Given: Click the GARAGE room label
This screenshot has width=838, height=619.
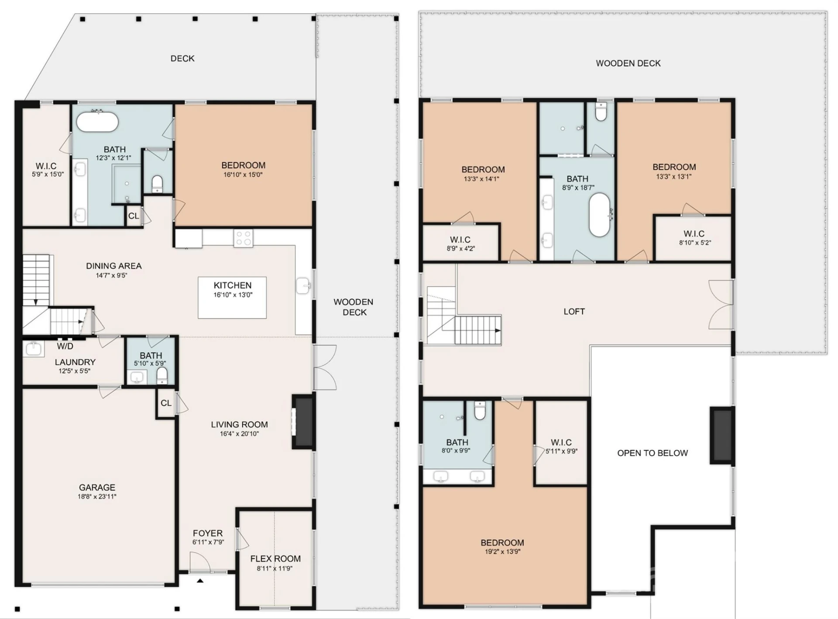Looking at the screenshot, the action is click(x=97, y=487).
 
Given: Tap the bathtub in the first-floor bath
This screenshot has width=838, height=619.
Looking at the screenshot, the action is click(x=97, y=122).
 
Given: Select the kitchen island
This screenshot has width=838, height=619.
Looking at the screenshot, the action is click(x=232, y=298).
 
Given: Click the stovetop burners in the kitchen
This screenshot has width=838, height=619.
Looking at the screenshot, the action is click(x=243, y=238).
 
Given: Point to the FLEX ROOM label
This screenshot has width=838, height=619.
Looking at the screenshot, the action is click(x=275, y=558).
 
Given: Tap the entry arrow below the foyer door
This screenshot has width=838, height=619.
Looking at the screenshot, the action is click(x=200, y=581).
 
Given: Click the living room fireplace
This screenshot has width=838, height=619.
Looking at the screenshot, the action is click(x=303, y=421).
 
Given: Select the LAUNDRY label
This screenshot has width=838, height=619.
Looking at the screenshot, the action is click(x=75, y=362).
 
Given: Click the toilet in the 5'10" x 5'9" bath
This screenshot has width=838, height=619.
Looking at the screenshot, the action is click(x=162, y=375).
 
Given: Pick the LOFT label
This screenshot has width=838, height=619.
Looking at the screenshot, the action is click(x=574, y=311).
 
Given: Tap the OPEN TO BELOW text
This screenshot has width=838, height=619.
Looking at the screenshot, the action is click(x=653, y=453).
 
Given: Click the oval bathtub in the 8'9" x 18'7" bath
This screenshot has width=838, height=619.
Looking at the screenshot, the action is click(x=600, y=215).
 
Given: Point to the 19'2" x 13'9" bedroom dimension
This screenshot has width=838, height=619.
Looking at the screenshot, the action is click(x=502, y=551).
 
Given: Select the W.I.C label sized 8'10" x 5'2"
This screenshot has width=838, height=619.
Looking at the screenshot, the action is click(x=694, y=234).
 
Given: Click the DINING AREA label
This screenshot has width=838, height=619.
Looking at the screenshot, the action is click(x=113, y=266).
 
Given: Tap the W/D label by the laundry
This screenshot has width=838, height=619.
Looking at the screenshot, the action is click(x=65, y=346).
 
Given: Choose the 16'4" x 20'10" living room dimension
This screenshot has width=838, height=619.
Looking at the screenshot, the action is click(x=239, y=434).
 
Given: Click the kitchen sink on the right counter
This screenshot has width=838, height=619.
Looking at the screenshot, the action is click(x=303, y=286).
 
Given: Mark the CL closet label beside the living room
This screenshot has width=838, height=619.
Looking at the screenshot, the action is click(x=166, y=403).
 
